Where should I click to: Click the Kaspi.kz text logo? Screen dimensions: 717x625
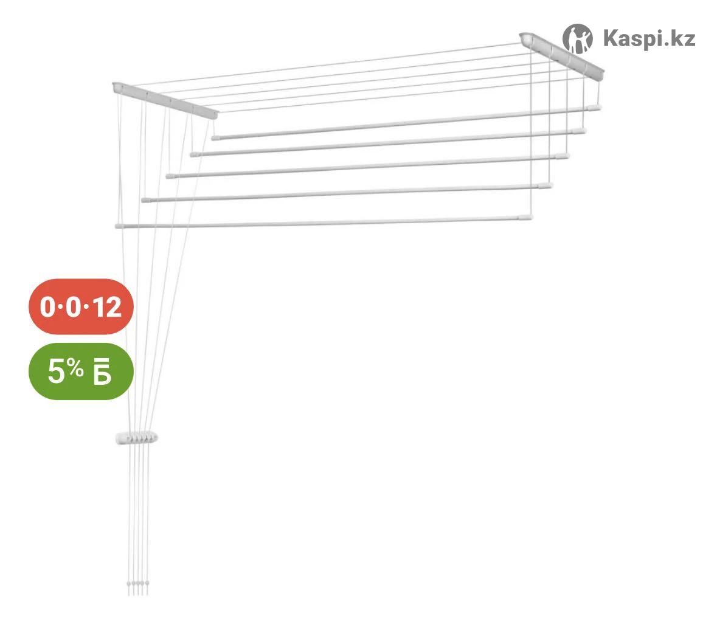pyautogui.click(x=649, y=38)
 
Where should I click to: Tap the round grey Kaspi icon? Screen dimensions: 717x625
pyautogui.click(x=578, y=39)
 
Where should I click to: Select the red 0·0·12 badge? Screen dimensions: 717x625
pyautogui.click(x=81, y=306)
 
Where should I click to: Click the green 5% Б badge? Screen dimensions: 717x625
pyautogui.click(x=81, y=371)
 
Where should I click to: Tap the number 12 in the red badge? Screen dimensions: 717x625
pyautogui.click(x=108, y=307)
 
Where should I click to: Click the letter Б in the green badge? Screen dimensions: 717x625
pyautogui.click(x=102, y=373)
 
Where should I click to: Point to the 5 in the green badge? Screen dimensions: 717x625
pyautogui.click(x=56, y=371)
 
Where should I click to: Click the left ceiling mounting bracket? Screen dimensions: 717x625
pyautogui.click(x=165, y=100)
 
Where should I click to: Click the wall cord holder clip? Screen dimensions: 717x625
pyautogui.click(x=136, y=438)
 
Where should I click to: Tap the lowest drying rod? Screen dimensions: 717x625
pyautogui.click(x=324, y=222)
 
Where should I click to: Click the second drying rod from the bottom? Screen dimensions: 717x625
pyautogui.click(x=347, y=193)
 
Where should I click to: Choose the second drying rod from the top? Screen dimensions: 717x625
pyautogui.click(x=388, y=143)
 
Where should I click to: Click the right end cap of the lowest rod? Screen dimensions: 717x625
pyautogui.click(x=526, y=218)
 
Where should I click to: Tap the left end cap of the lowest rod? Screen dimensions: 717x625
pyautogui.click(x=119, y=226)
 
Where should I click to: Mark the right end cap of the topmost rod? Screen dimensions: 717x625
pyautogui.click(x=594, y=108)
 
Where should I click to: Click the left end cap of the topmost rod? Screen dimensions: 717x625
pyautogui.click(x=215, y=137)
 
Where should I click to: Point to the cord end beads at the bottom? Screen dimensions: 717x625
pyautogui.click(x=137, y=584)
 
